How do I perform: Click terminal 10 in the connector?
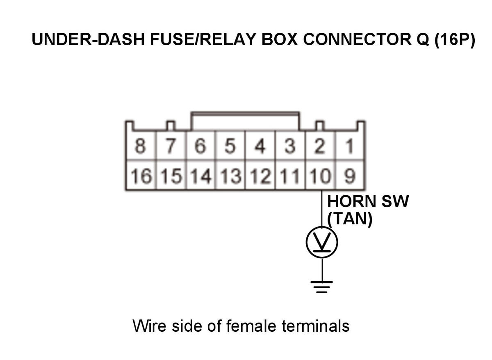point(321,175)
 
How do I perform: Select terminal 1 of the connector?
point(349,146)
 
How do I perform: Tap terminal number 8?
point(141,146)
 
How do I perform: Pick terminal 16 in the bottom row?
point(141,175)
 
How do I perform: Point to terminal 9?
point(349,175)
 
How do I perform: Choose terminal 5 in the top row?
point(230,146)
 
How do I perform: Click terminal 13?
point(230,175)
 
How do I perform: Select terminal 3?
point(290,146)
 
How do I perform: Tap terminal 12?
point(260,175)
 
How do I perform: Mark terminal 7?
point(171,146)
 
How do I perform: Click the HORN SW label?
point(368,201)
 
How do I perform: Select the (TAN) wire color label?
point(350,219)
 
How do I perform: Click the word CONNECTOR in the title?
point(358,39)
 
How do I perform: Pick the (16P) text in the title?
point(455,40)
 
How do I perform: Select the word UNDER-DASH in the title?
point(88,39)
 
